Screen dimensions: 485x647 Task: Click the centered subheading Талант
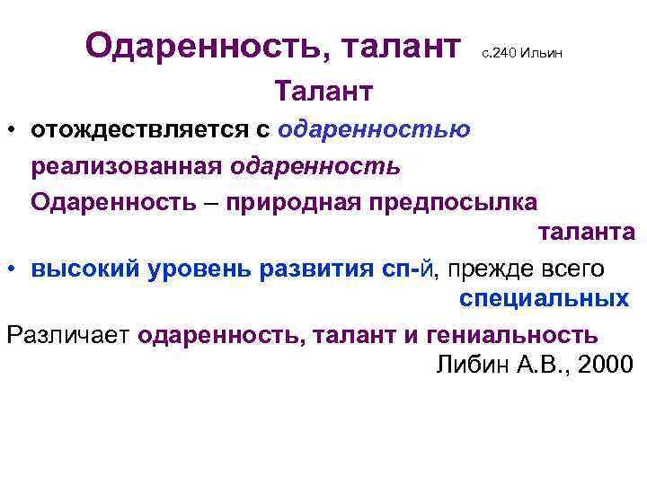[323, 92]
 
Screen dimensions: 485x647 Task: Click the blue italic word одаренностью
[374, 130]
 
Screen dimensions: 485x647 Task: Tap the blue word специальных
[544, 299]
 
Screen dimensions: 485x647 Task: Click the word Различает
[69, 335]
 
